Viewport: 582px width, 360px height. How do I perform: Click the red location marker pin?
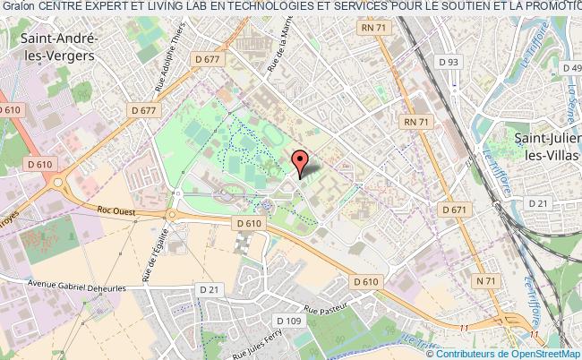click(301, 162)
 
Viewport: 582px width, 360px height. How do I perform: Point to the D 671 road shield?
click(456, 209)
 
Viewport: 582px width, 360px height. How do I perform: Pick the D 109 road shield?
click(288, 321)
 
